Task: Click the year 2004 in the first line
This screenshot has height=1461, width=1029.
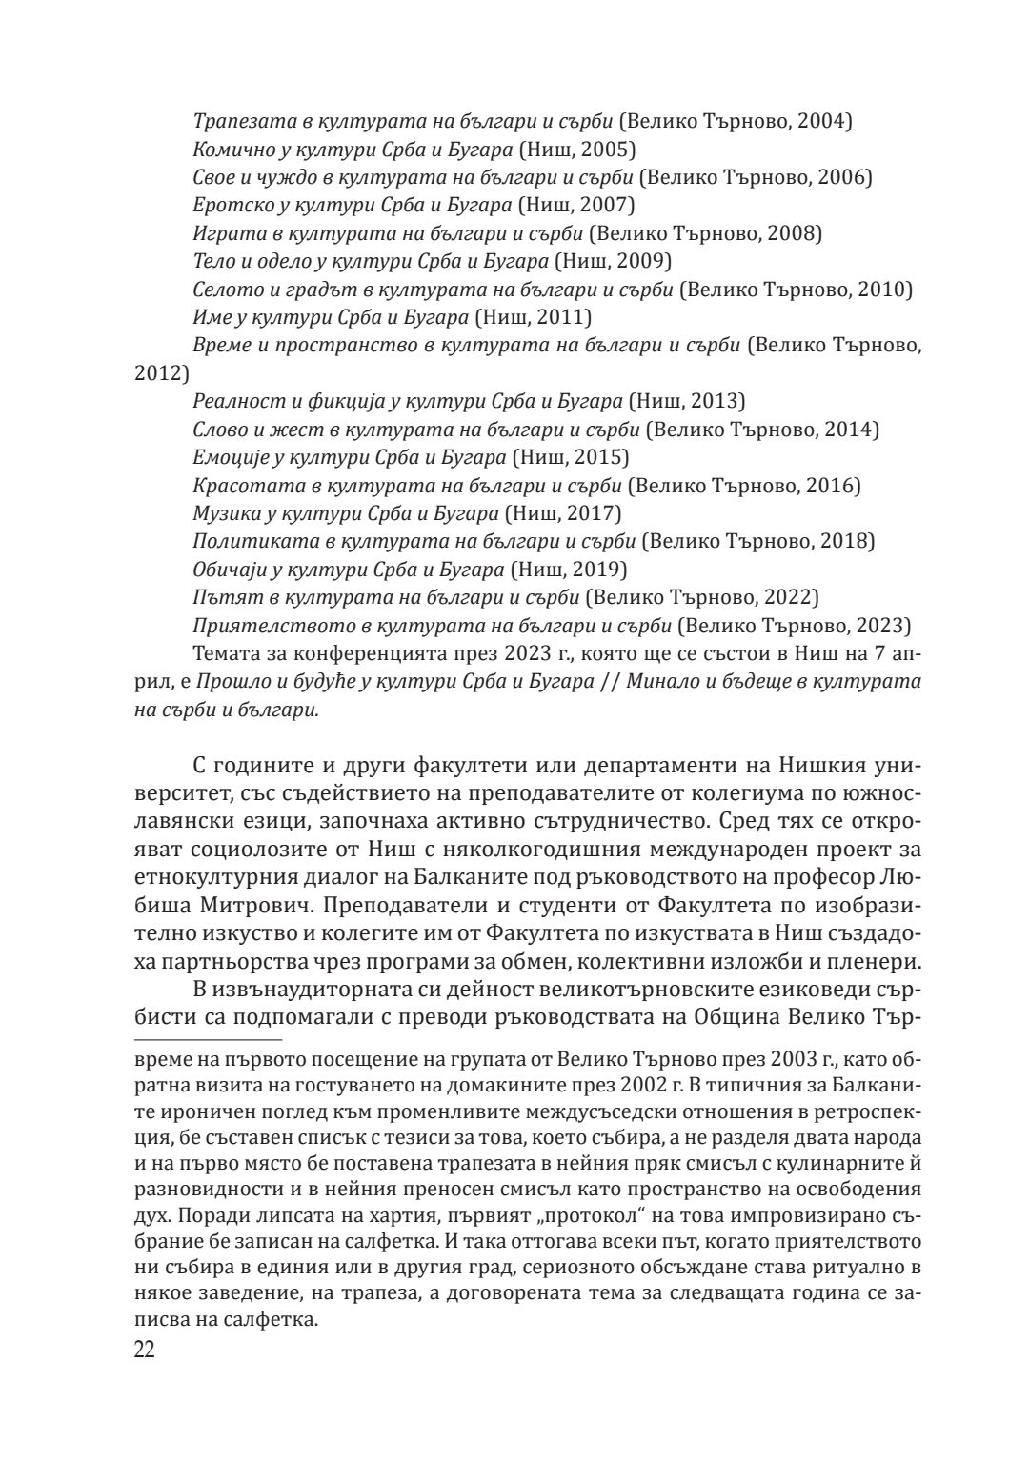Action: tap(823, 121)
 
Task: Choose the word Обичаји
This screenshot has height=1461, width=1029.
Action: tap(225, 570)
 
